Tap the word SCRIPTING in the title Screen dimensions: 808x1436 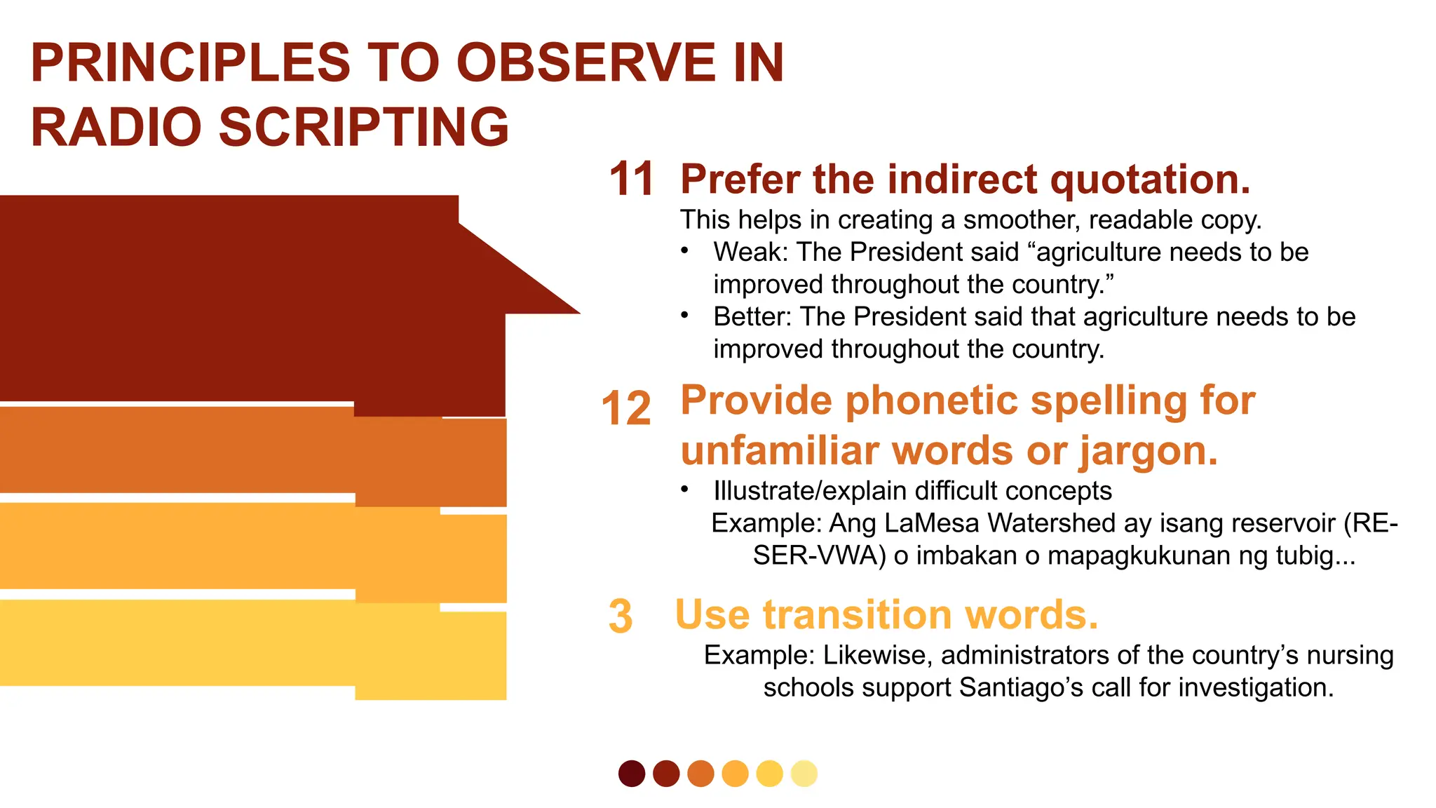tap(364, 128)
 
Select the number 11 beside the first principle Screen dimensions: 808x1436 tap(631, 179)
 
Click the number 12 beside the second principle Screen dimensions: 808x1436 tap(626, 408)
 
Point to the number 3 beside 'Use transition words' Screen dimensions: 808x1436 tap(621, 617)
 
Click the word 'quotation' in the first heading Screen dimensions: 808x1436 tap(1150, 180)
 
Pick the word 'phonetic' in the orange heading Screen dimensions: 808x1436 tap(932, 400)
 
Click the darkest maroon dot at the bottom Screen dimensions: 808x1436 tap(632, 774)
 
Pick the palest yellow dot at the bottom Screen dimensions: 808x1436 tap(804, 774)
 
